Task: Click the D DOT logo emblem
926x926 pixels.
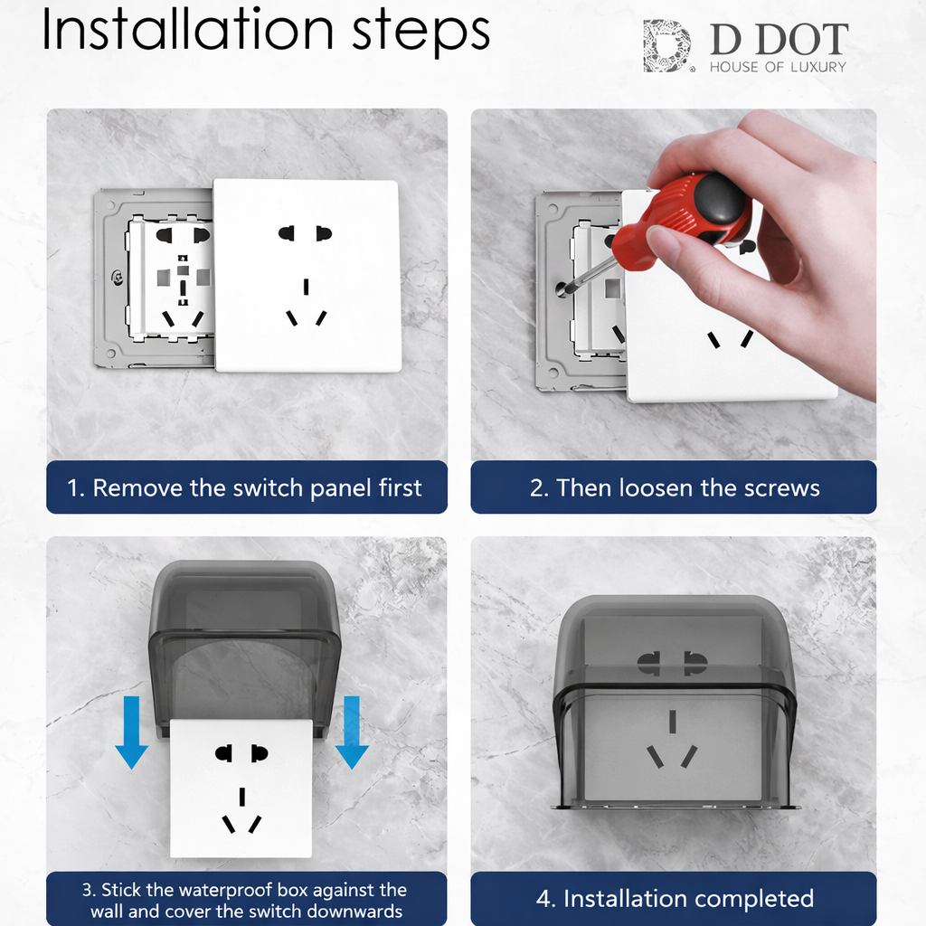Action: pyautogui.click(x=667, y=47)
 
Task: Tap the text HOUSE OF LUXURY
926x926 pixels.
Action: pyautogui.click(x=778, y=67)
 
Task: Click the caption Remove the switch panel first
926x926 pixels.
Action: pyautogui.click(x=246, y=488)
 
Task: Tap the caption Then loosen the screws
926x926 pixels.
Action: pyautogui.click(x=674, y=488)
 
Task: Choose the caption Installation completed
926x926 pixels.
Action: pyautogui.click(x=674, y=899)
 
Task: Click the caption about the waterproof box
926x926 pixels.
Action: pyautogui.click(x=246, y=901)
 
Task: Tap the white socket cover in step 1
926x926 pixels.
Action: pyautogui.click(x=307, y=276)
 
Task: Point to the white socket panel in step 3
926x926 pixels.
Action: pyautogui.click(x=241, y=787)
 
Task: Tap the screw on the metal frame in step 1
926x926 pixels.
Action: pyautogui.click(x=115, y=279)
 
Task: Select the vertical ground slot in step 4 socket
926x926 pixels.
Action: pyautogui.click(x=672, y=722)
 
